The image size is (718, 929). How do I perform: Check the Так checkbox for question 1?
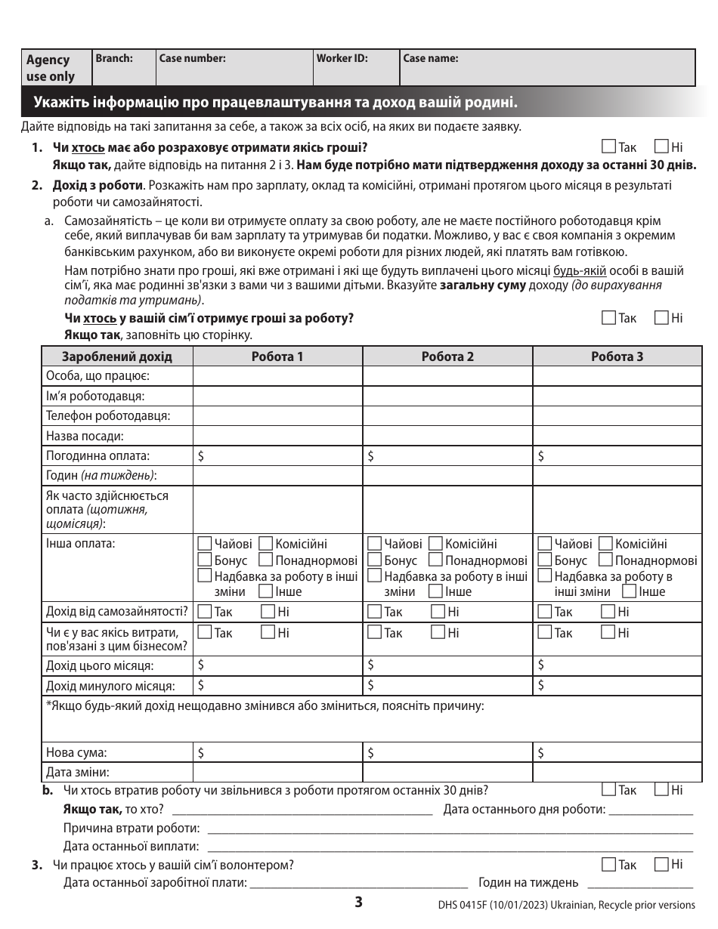coord(609,147)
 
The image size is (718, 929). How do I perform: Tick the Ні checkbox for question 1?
coord(661,147)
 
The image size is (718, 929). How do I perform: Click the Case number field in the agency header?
coord(234,68)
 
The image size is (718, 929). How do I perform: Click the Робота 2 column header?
coord(447,356)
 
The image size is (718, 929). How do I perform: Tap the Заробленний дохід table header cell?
coord(117,356)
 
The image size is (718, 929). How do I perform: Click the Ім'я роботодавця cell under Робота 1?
coord(277,396)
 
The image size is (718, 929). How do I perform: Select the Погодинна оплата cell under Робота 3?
coord(617,455)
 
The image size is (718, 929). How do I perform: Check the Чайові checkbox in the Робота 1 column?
coord(204,544)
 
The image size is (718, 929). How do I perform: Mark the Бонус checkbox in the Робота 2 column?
coord(374,560)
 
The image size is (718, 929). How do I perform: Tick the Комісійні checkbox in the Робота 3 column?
coord(605,544)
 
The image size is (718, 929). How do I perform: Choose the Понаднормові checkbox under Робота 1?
coord(265,560)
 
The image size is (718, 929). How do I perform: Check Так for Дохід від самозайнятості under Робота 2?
coord(374,612)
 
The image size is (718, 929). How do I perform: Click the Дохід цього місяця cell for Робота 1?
coord(277,665)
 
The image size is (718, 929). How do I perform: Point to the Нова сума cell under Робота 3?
coord(617,752)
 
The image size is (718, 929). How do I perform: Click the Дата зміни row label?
coord(78,772)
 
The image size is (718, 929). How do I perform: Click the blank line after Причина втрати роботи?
coord(450,828)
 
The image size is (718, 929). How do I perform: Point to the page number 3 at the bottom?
coord(359,902)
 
